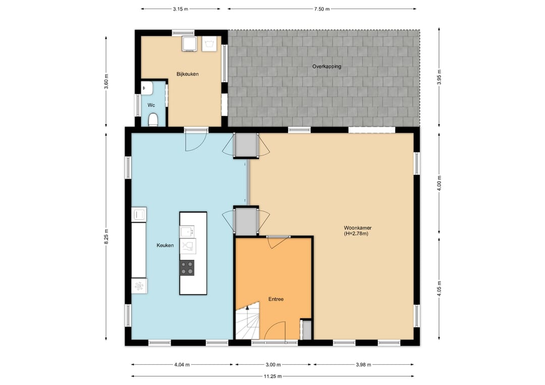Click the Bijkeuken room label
coord(187,74)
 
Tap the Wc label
coord(151,105)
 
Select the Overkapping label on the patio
coord(326,67)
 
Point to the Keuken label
coord(165,245)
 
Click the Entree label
coord(276,299)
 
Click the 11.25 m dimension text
coord(273,376)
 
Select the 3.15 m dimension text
coord(180,9)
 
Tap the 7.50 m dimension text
coord(322,9)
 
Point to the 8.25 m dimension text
coord(106,236)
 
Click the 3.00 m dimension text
coord(273,364)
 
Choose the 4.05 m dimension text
coord(439,289)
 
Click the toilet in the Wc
coord(153,120)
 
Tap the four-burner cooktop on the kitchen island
coord(187,268)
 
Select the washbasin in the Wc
coord(147,88)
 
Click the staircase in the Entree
coord(247,321)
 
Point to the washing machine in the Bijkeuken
coord(189,44)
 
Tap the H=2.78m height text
coord(356,234)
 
